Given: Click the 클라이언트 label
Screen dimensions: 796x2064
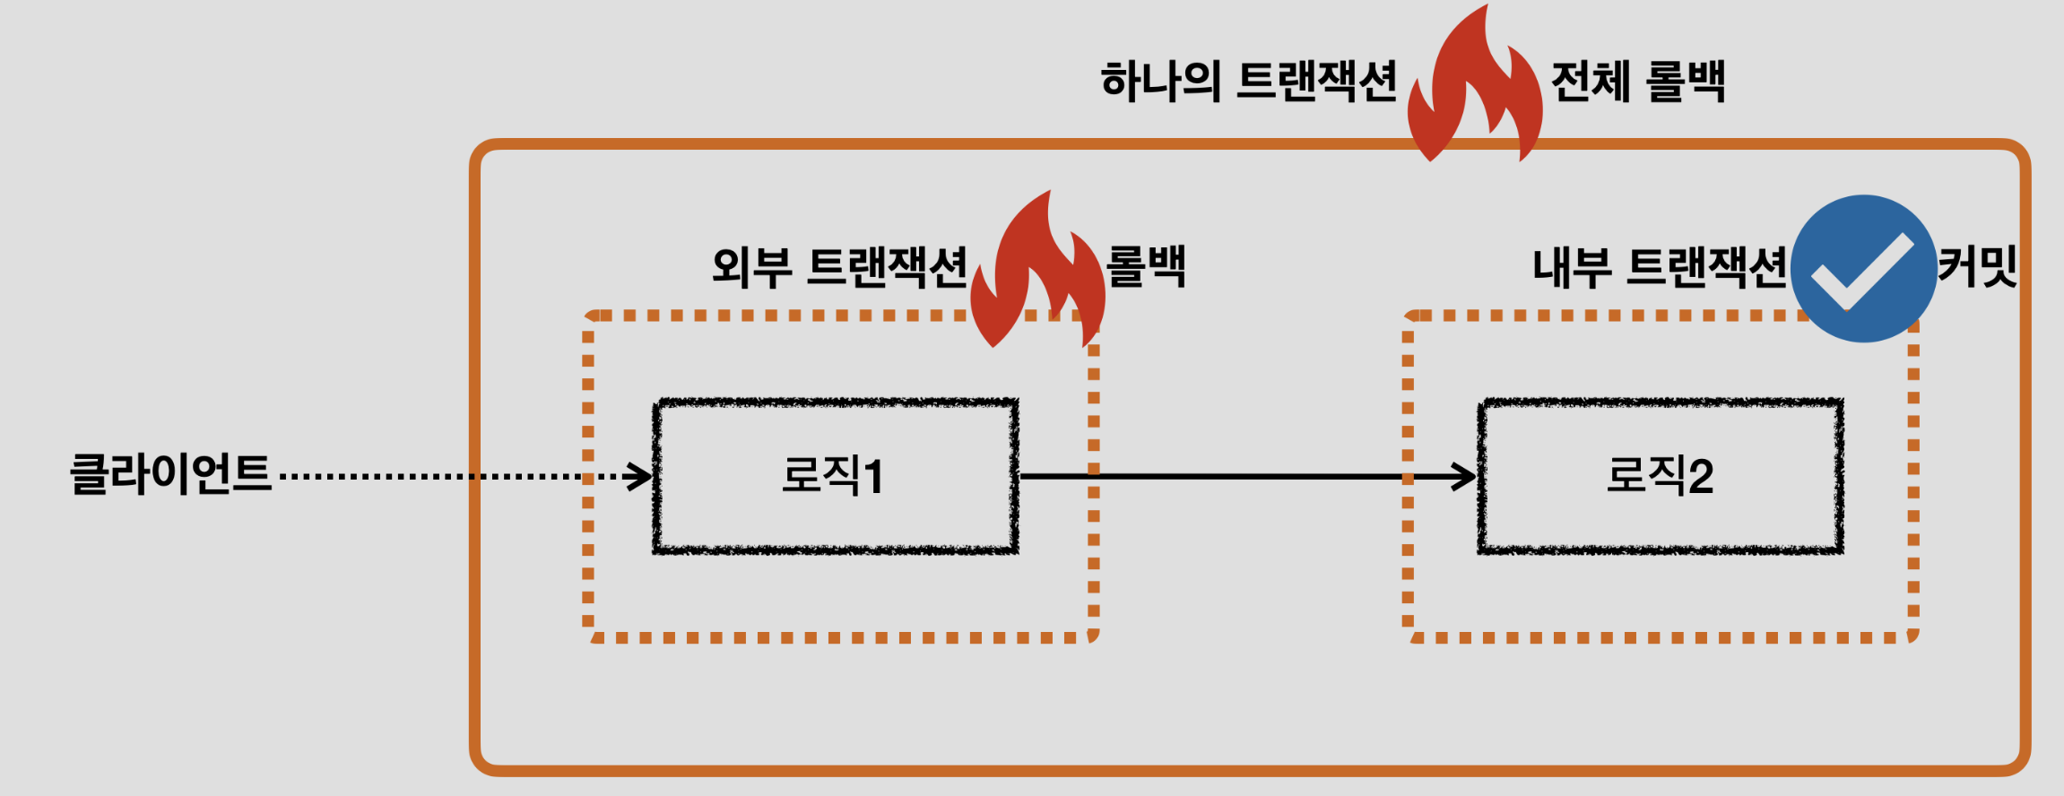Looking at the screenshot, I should click(170, 473).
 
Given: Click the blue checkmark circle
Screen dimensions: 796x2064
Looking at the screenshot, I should click(1863, 268).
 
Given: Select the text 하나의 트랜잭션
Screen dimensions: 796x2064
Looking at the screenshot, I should click(1248, 82).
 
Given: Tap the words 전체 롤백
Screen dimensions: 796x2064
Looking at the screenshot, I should click(1637, 82).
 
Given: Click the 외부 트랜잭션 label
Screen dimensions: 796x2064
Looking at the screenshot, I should click(839, 267).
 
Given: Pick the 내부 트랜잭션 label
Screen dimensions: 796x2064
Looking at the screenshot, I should click(1660, 267).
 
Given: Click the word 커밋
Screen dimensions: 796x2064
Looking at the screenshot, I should click(1977, 266).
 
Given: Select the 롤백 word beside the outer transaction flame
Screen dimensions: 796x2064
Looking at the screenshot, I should click(1146, 266).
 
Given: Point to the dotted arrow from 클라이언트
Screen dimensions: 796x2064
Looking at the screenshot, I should click(448, 476).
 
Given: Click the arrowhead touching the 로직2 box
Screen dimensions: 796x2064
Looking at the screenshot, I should click(1464, 476).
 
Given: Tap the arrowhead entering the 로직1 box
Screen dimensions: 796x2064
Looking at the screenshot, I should click(639, 476).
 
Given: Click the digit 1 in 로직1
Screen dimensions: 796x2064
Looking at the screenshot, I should click(872, 476).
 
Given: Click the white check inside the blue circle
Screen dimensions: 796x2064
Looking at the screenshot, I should click(1861, 272).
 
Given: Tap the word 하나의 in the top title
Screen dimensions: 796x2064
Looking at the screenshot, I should click(1160, 82).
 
